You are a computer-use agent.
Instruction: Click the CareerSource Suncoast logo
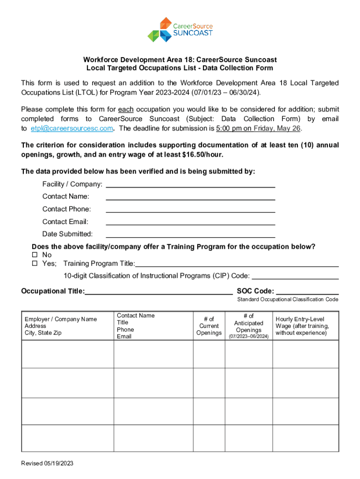click(180, 29)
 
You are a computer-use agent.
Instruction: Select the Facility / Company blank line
click(191, 184)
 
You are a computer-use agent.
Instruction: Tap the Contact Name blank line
click(191, 197)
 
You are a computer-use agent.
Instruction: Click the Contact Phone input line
click(191, 210)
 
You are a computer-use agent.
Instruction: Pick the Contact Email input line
click(191, 222)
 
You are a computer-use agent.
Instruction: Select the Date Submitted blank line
click(191, 234)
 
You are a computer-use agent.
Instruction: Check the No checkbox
click(34, 255)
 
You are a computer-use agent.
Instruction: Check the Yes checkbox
click(34, 263)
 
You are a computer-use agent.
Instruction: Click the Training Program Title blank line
click(237, 264)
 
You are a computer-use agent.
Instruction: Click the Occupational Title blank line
click(159, 291)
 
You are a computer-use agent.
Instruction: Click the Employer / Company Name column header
click(61, 319)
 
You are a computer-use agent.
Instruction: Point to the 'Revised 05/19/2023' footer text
click(47, 464)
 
